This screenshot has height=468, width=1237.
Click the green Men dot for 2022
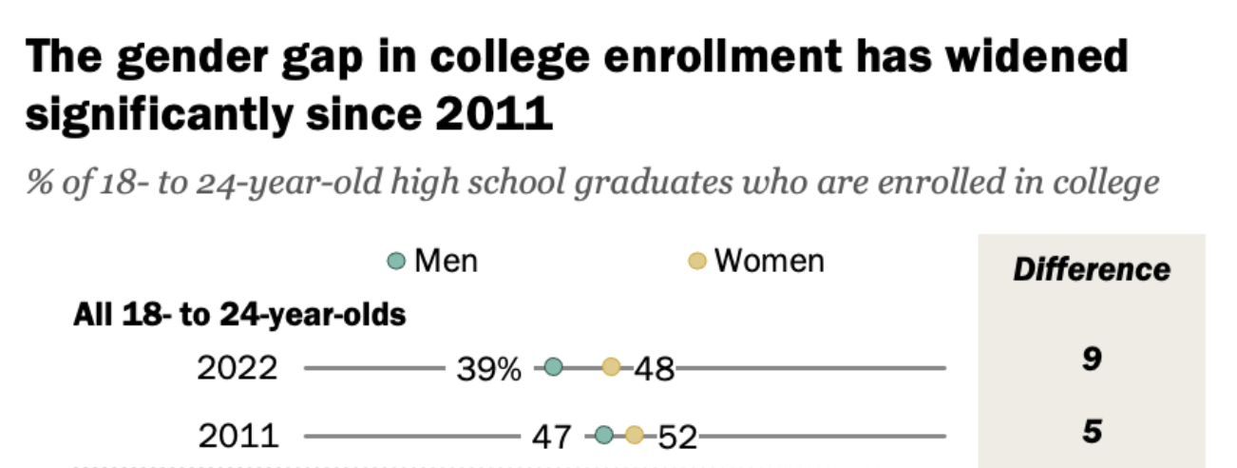click(553, 367)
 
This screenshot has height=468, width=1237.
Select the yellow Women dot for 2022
click(611, 367)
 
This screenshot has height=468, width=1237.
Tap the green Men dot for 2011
click(603, 437)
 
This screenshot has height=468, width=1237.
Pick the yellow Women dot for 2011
click(634, 437)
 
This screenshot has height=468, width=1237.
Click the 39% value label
click(488, 368)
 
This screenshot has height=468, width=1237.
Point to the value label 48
click(654, 368)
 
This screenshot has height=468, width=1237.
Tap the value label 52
click(676, 438)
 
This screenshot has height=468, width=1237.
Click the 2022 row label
click(238, 368)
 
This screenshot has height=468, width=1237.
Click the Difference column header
click(1092, 269)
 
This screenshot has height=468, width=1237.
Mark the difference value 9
click(1092, 361)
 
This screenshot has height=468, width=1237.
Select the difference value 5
click(1092, 432)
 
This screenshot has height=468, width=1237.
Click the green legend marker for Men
click(397, 261)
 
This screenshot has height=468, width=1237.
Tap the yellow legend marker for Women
click(697, 261)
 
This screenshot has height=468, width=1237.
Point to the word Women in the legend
click(769, 260)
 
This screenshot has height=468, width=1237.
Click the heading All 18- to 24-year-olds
click(239, 315)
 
